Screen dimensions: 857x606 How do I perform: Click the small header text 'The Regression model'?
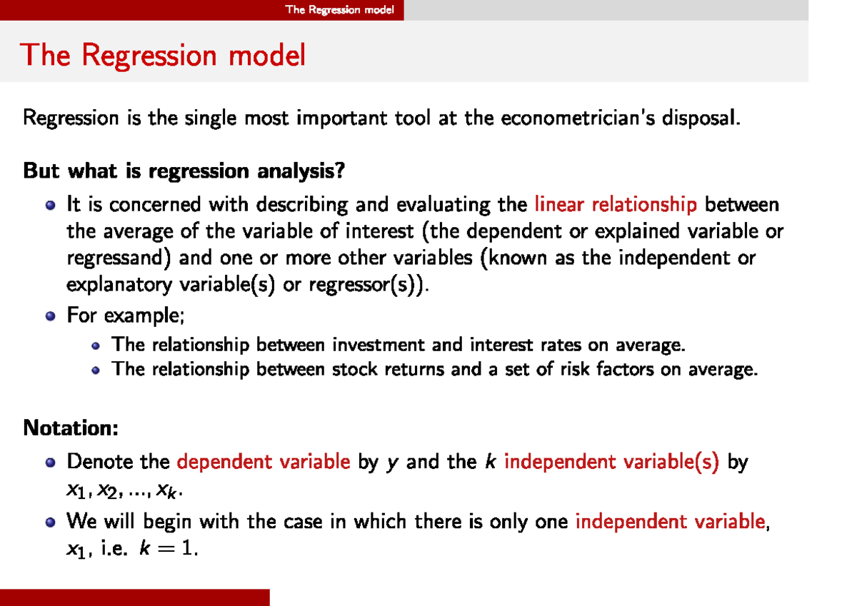click(339, 9)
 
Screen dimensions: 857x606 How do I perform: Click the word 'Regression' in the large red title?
click(149, 56)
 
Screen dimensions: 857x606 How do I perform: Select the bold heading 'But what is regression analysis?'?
click(184, 171)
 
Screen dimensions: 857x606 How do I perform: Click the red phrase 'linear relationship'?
click(616, 204)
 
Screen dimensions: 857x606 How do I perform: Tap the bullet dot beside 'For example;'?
click(50, 315)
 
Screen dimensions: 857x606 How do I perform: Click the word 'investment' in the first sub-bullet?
click(379, 345)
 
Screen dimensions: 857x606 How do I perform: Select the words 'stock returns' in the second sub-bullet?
click(388, 369)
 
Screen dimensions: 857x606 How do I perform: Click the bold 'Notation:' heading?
click(71, 428)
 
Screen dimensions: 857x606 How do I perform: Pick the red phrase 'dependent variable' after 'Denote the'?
click(264, 462)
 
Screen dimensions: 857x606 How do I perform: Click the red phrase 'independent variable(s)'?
click(611, 462)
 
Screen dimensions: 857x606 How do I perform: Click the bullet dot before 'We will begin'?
click(50, 522)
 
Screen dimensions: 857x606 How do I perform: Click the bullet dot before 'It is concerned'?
click(50, 206)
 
